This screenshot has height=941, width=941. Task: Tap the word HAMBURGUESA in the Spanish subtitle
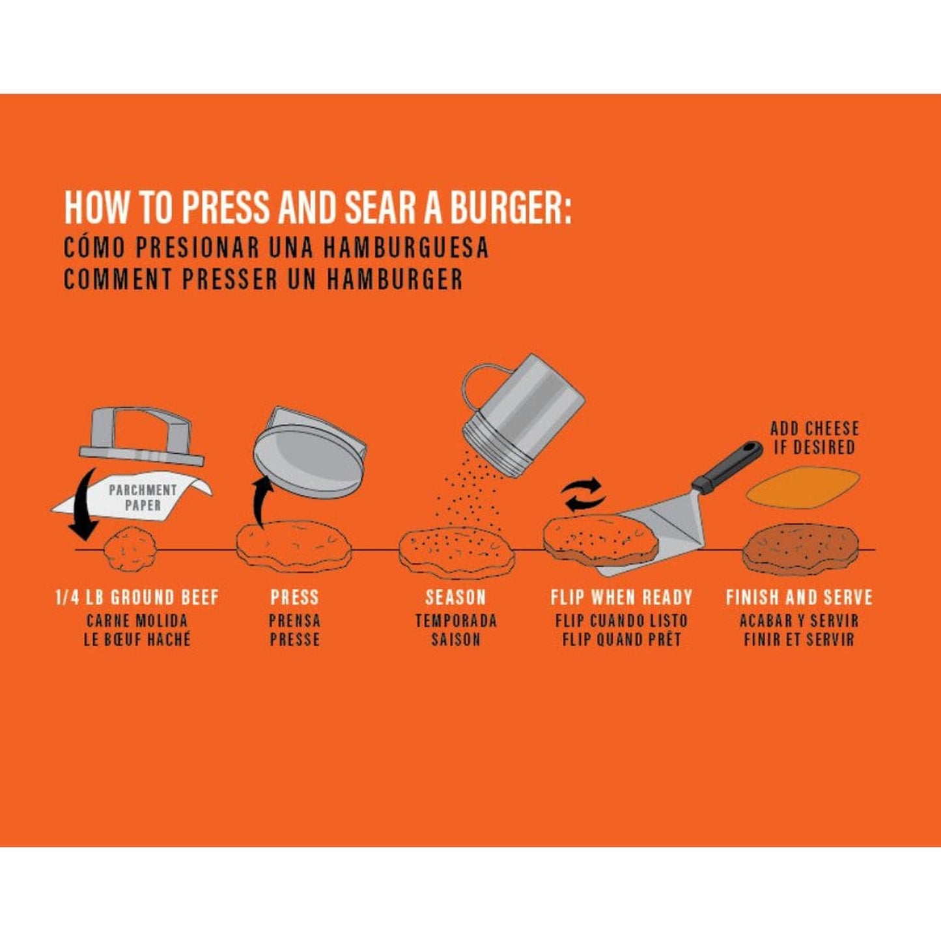click(x=405, y=247)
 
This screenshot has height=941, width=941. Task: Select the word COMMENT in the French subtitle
click(x=117, y=279)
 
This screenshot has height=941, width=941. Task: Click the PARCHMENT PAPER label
click(x=143, y=497)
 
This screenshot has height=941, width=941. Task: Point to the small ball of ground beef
click(x=131, y=550)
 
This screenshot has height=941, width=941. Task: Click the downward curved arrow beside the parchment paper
click(x=83, y=505)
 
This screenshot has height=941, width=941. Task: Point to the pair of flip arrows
click(x=583, y=494)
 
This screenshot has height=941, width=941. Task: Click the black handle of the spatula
click(x=728, y=466)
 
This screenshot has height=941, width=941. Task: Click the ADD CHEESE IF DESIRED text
click(x=814, y=438)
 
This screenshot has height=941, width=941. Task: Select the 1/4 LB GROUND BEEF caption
click(x=137, y=597)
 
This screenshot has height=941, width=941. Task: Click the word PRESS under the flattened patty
click(x=294, y=597)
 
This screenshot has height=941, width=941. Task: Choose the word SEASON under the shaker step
click(x=455, y=597)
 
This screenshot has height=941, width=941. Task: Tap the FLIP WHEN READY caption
click(x=621, y=597)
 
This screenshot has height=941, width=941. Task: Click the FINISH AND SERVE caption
click(x=799, y=597)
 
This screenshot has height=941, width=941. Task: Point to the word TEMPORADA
click(x=455, y=621)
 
